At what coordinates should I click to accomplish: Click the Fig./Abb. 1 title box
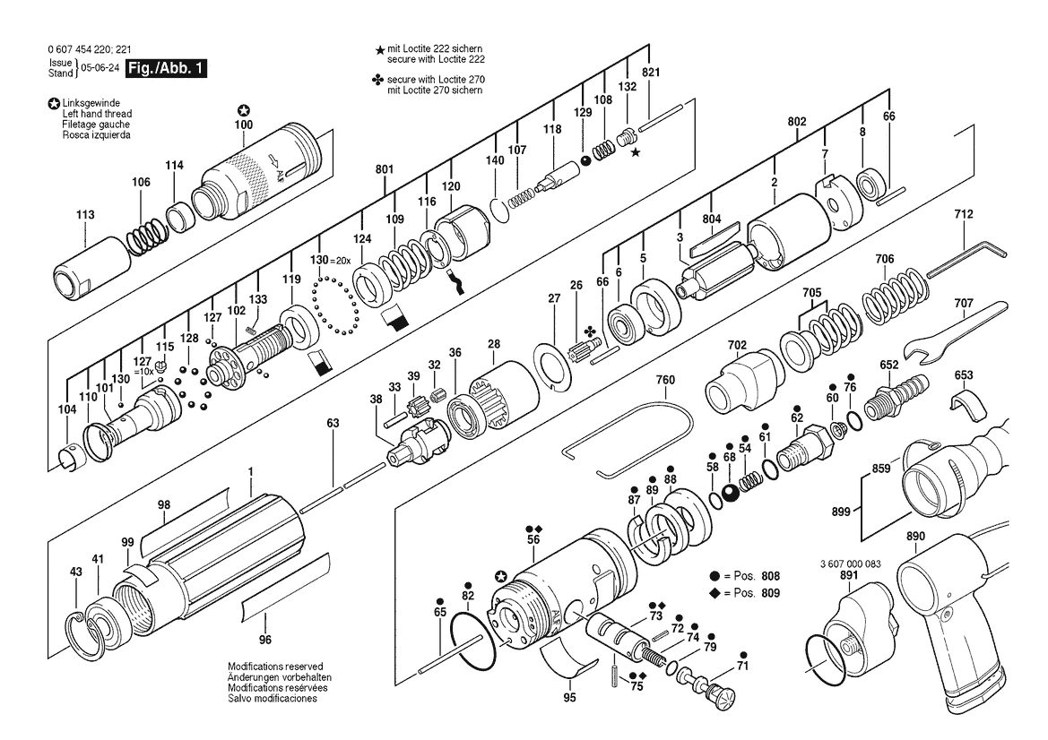167,69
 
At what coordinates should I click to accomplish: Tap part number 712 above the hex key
963,214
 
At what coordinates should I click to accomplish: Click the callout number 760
665,380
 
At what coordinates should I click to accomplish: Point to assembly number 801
385,169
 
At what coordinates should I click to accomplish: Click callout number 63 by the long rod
333,423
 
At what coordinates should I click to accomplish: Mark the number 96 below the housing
265,640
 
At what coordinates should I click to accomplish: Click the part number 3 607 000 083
850,564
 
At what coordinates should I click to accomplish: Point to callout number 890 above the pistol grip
915,537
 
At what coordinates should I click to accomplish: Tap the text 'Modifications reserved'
275,667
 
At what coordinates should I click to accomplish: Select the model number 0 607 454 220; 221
90,49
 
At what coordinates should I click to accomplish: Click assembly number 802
797,122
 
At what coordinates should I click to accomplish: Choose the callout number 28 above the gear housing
493,345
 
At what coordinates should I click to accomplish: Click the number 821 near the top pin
650,73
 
